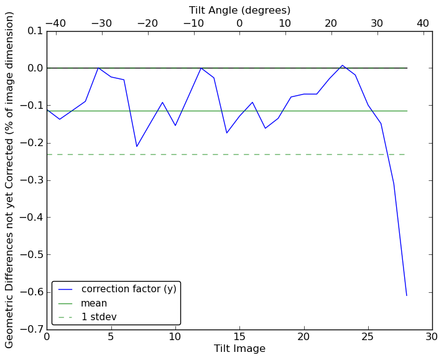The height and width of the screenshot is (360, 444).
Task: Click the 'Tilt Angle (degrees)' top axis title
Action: coord(239,10)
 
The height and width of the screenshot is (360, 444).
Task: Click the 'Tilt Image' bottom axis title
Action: coord(239,349)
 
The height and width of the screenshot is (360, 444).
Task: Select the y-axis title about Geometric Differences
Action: coord(10,180)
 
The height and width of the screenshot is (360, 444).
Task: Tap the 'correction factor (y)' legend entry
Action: coord(128,289)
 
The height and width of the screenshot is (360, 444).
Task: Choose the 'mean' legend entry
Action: coord(94,303)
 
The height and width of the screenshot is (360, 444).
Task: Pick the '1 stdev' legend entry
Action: coord(99,317)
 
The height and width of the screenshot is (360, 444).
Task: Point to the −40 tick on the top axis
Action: coord(55,24)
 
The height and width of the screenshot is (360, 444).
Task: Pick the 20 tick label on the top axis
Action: coord(331,24)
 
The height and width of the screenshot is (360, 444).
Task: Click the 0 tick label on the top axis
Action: coord(239,24)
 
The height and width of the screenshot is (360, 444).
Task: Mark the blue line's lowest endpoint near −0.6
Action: coord(407,295)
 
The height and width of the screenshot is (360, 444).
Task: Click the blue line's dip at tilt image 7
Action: coord(137,147)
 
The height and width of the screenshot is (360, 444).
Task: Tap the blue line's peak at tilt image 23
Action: coord(342,65)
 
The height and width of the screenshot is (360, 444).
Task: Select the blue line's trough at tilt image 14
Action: coord(226,133)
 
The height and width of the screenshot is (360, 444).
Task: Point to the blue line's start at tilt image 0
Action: coord(47,110)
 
